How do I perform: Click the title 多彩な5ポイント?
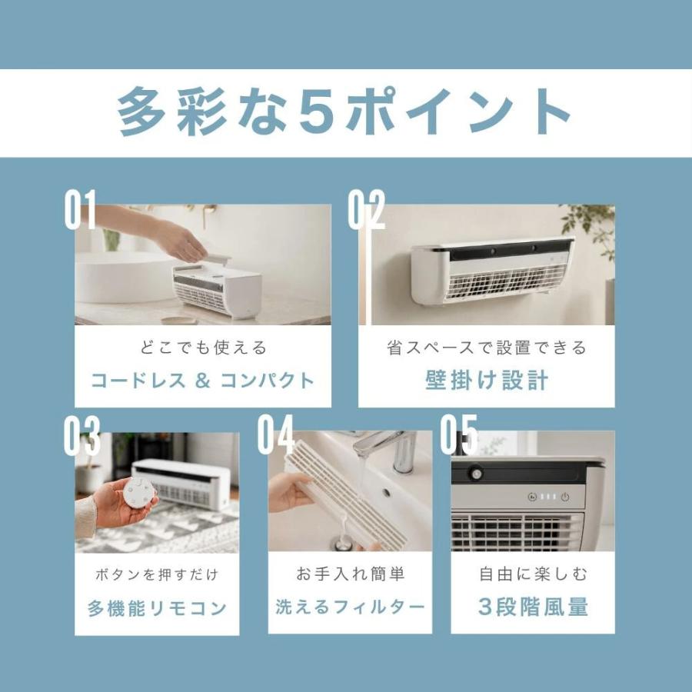[x=344, y=111]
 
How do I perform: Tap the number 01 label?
[x=80, y=210]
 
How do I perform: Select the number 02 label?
[x=366, y=210]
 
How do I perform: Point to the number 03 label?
[x=82, y=436]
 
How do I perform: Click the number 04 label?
[x=276, y=434]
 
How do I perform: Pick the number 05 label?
[x=459, y=434]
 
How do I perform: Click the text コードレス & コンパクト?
[x=202, y=381]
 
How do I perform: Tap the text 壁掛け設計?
[x=487, y=380]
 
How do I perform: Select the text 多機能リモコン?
[x=157, y=608]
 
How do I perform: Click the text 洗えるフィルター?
[x=350, y=607]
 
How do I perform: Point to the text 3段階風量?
[x=533, y=607]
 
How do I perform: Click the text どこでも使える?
[x=204, y=348]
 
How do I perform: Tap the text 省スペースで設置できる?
[x=487, y=348]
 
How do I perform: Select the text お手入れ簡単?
[x=351, y=574]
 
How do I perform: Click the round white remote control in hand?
[x=139, y=493]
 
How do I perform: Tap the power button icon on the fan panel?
[x=565, y=497]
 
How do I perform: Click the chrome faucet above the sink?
[x=388, y=449]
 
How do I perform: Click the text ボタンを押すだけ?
[x=157, y=574]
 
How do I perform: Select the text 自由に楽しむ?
[x=533, y=574]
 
